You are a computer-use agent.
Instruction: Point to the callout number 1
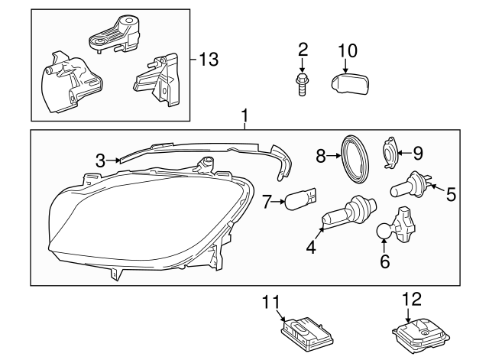coord(244,117)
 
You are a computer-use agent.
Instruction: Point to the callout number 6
coord(385,261)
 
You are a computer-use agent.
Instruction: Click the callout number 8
coord(321,156)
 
